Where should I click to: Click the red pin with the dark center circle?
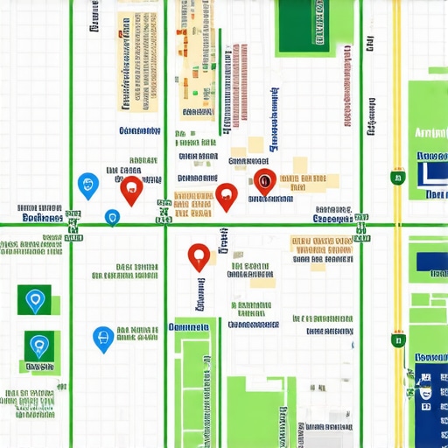265,181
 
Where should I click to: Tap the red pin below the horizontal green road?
199,255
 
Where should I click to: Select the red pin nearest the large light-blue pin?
131,189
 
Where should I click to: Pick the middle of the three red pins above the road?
227,196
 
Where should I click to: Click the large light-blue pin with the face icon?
87,185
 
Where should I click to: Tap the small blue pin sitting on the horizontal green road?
112,218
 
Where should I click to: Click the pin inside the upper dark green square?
35,301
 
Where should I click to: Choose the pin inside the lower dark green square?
38,346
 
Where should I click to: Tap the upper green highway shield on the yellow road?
397,178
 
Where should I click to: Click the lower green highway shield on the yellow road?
398,339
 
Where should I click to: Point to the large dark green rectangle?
304,26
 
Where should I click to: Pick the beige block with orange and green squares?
198,61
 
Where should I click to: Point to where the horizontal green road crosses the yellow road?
398,225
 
